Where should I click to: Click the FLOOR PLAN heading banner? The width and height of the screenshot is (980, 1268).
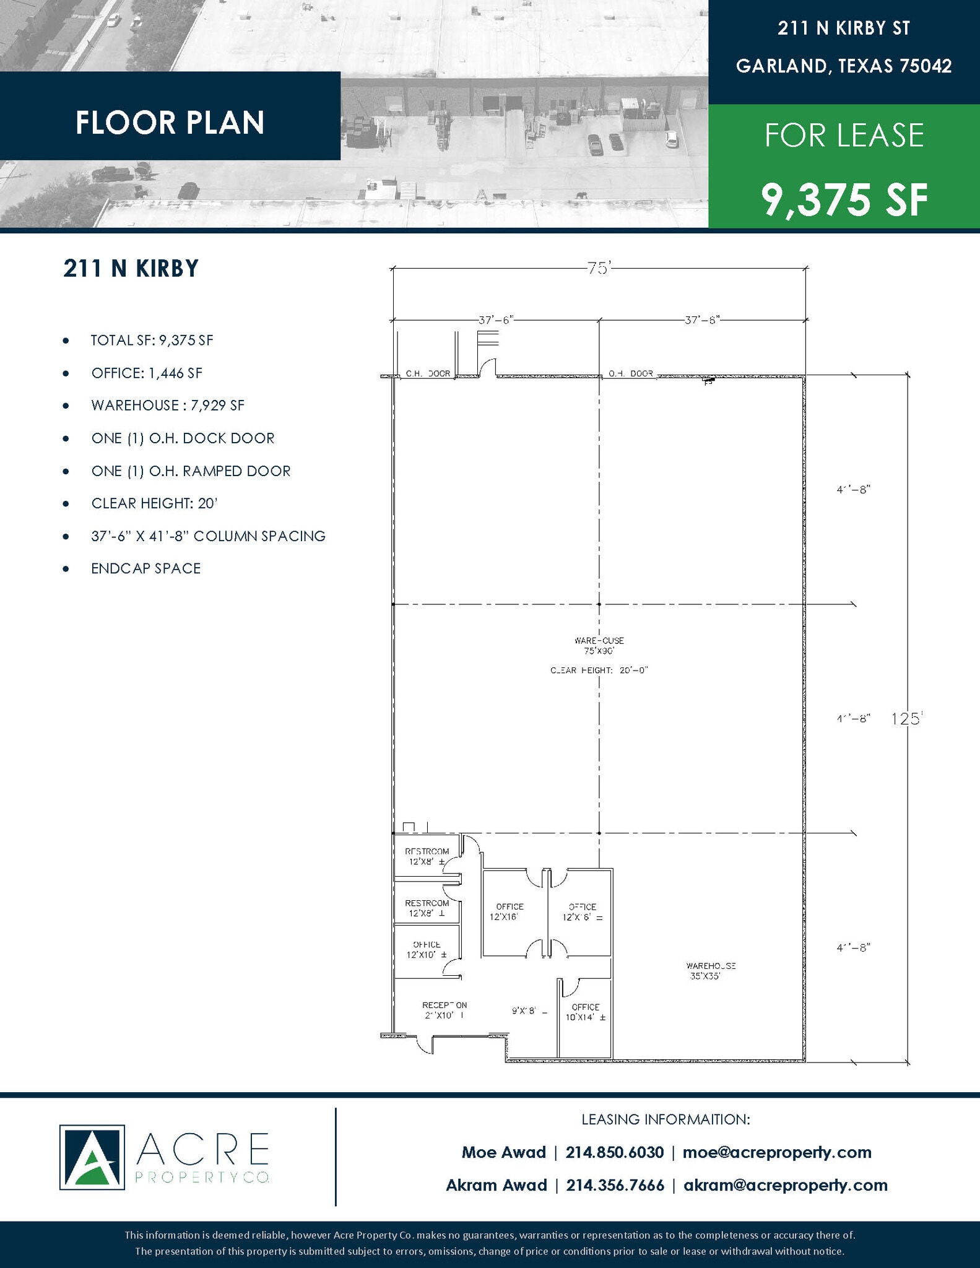(x=170, y=122)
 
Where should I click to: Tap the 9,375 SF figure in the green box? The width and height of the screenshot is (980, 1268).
(x=844, y=199)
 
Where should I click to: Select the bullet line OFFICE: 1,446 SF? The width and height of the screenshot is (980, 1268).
(x=146, y=373)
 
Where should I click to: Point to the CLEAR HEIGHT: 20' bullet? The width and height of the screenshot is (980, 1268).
(x=154, y=503)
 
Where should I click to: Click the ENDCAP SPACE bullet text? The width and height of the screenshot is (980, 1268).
(x=145, y=568)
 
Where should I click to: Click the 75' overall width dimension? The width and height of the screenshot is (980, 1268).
(x=599, y=269)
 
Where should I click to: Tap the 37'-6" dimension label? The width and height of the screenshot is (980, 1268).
(x=495, y=320)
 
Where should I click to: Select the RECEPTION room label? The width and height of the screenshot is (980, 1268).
(x=444, y=1010)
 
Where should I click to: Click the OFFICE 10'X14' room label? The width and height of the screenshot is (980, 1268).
(x=585, y=1012)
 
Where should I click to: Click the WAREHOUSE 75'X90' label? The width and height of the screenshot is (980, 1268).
(x=599, y=646)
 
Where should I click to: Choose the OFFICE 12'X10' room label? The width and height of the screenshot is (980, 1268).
(x=427, y=949)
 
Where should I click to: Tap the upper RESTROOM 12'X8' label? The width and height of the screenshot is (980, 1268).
(x=427, y=856)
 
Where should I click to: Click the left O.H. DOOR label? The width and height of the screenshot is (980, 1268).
(x=428, y=374)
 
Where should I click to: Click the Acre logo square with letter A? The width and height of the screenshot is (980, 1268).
(x=92, y=1157)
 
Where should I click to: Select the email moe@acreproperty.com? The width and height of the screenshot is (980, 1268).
(x=776, y=1152)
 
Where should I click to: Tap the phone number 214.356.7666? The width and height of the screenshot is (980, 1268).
(x=615, y=1185)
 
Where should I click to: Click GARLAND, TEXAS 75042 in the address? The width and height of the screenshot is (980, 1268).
(x=843, y=66)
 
